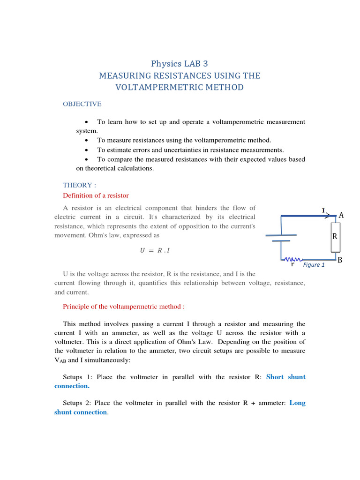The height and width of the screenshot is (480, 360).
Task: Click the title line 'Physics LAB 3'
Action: click(180, 63)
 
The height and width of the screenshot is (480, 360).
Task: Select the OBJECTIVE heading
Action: click(82, 104)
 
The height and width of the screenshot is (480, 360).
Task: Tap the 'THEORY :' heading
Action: click(79, 185)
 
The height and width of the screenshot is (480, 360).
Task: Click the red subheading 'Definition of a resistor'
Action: click(96, 195)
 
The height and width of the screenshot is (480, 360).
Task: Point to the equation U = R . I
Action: click(155, 250)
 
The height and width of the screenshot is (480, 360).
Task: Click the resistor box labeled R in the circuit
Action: click(335, 236)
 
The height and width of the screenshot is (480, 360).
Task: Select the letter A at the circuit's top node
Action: click(341, 215)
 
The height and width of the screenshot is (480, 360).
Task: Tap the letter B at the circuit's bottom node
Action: click(340, 260)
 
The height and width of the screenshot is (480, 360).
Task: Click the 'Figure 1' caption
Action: click(314, 265)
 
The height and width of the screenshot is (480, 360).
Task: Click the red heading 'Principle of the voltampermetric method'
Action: click(124, 307)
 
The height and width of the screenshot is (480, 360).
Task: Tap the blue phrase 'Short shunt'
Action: click(285, 377)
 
